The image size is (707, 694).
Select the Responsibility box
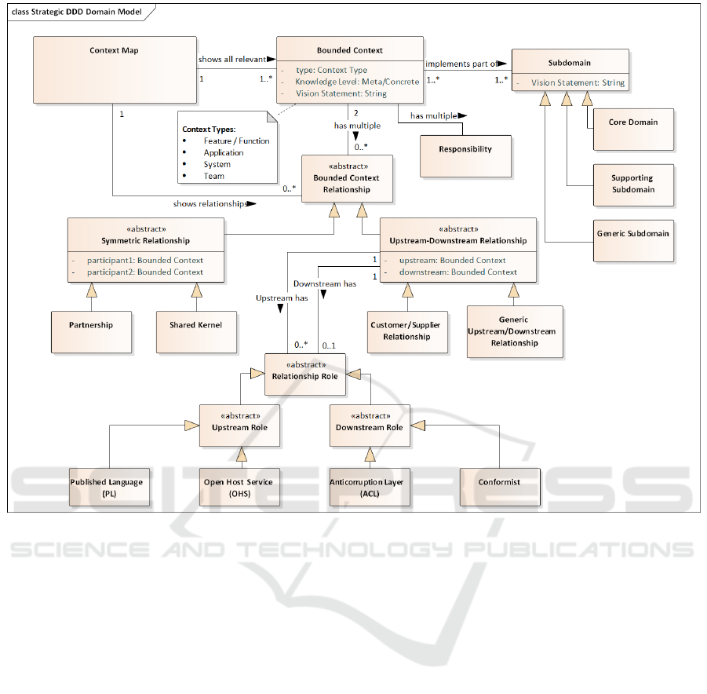(x=465, y=149)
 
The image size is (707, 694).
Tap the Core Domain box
(x=632, y=122)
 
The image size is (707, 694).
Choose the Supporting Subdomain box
(x=632, y=184)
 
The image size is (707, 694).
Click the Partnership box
(x=90, y=325)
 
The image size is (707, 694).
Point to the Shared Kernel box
(x=195, y=325)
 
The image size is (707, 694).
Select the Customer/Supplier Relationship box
(x=406, y=331)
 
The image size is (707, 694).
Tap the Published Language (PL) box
(x=106, y=488)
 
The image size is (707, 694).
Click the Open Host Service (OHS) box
(x=238, y=488)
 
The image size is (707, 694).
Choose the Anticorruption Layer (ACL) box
(x=366, y=488)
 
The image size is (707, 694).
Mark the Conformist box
(x=499, y=482)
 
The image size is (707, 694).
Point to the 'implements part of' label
(x=461, y=64)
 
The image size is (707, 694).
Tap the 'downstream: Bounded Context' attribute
(x=458, y=272)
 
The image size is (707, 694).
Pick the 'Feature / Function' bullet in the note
(x=236, y=141)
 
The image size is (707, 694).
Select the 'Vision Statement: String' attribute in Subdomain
(x=578, y=82)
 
